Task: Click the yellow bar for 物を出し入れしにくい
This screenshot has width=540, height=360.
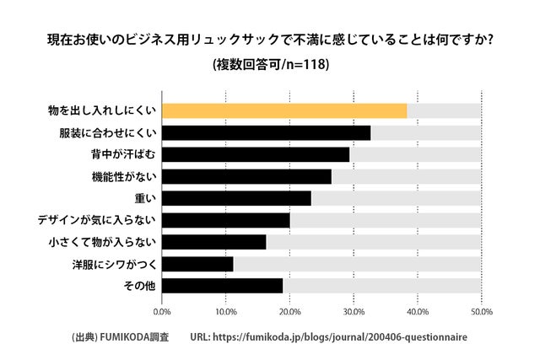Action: coord(283,110)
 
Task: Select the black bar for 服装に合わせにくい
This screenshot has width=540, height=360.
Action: coord(266,132)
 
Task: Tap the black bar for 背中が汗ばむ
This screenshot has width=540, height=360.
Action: coord(255,154)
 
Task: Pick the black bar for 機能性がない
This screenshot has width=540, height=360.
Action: coord(246,176)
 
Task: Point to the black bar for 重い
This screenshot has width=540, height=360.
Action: coord(236,198)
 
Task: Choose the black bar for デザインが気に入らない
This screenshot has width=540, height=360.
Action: coord(225,220)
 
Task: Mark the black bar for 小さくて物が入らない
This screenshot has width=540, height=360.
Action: coord(213,242)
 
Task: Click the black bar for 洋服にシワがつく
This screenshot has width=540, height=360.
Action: coord(197,264)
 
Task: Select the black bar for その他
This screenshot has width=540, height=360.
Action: coord(222,286)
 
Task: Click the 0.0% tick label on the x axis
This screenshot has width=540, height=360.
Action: coord(161,311)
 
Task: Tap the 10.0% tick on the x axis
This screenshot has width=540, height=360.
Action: coord(225,311)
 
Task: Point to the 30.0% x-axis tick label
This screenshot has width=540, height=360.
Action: coord(354,311)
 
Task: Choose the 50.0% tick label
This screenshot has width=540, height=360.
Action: coord(481,311)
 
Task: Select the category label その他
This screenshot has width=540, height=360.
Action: coord(139,286)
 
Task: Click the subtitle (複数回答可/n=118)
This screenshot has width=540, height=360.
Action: coord(270,64)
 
